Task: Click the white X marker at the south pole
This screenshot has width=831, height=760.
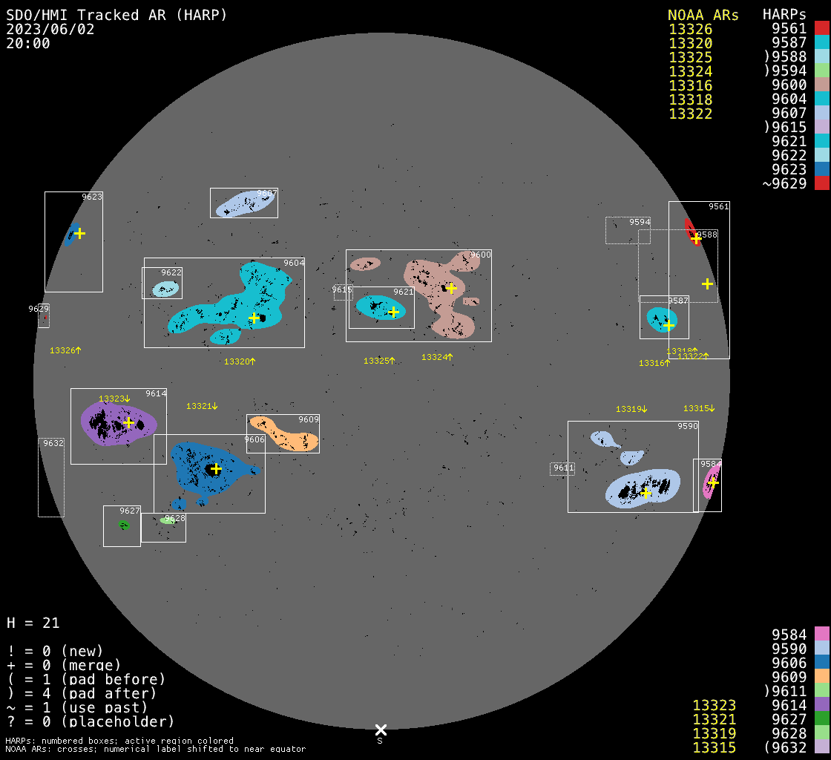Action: coord(381,730)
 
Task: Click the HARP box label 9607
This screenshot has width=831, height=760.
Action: coord(266,194)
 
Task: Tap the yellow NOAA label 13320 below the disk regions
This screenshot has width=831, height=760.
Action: coord(240,361)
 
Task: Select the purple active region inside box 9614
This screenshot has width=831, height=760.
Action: coord(119,423)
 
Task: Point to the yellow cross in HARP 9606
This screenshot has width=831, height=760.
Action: coord(216,469)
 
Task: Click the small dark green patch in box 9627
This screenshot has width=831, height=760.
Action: coord(123,525)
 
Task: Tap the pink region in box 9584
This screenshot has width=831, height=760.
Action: coord(711,481)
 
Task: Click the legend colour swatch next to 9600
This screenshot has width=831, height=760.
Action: coord(822,85)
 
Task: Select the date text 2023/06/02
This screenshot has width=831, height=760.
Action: coord(50,29)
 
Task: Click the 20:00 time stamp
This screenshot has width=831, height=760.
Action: coord(28,44)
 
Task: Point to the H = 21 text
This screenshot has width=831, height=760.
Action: coord(33,623)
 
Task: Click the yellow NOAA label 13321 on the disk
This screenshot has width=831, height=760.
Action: coord(202,406)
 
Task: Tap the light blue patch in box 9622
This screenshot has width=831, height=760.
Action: coord(166,289)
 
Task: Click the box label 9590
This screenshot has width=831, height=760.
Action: coord(687,426)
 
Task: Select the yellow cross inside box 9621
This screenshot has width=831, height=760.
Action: coord(393,312)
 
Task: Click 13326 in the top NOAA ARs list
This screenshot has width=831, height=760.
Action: coord(691,29)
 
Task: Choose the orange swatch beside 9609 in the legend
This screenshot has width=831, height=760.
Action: coord(822,677)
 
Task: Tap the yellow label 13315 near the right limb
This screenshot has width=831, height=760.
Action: coord(699,408)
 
